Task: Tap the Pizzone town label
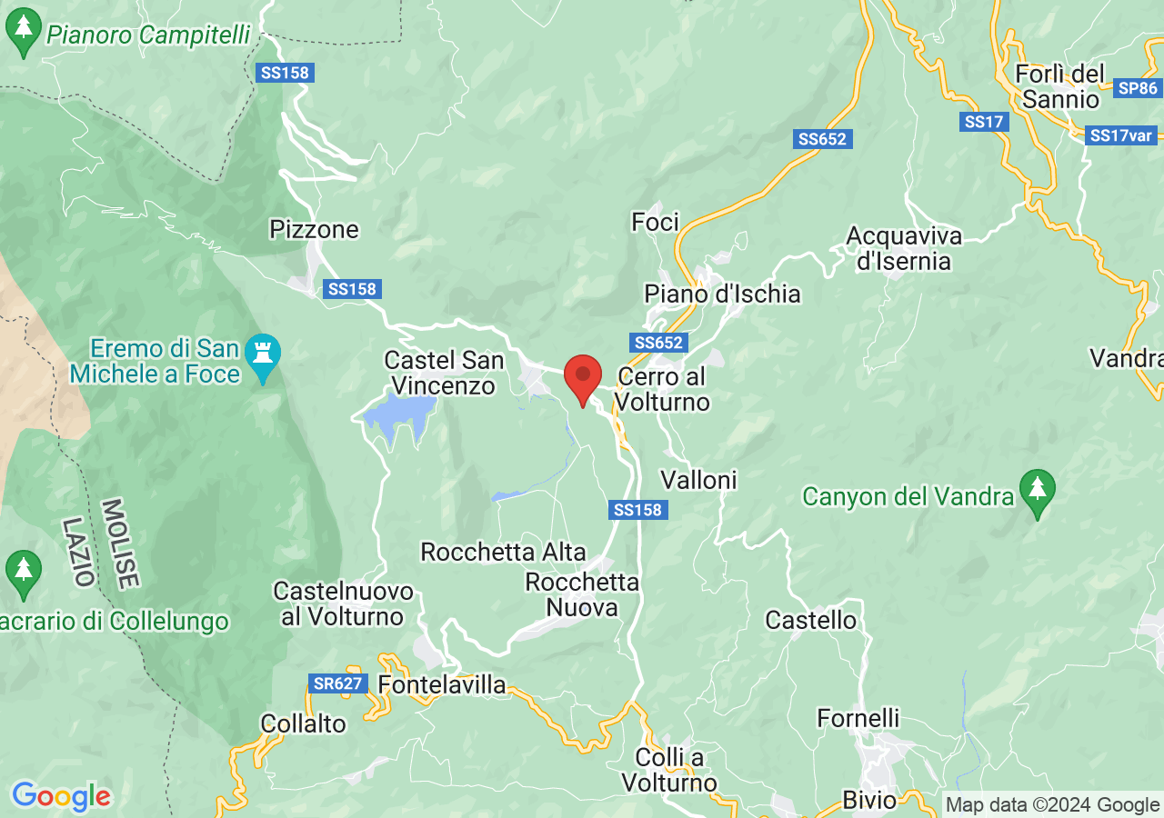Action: (315, 229)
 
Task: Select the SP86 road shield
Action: (1138, 88)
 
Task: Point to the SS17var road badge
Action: (1121, 136)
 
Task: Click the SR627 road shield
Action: (338, 683)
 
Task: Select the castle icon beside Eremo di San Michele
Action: (264, 354)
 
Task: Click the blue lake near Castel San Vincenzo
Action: (397, 416)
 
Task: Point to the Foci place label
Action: (656, 221)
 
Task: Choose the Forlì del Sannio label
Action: (1059, 85)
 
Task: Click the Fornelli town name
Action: (858, 718)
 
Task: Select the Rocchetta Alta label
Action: (503, 552)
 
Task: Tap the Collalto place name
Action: (303, 723)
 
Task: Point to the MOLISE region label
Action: (119, 544)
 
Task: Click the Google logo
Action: (61, 797)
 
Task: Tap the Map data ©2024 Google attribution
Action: (1052, 804)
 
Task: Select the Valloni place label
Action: (698, 479)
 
